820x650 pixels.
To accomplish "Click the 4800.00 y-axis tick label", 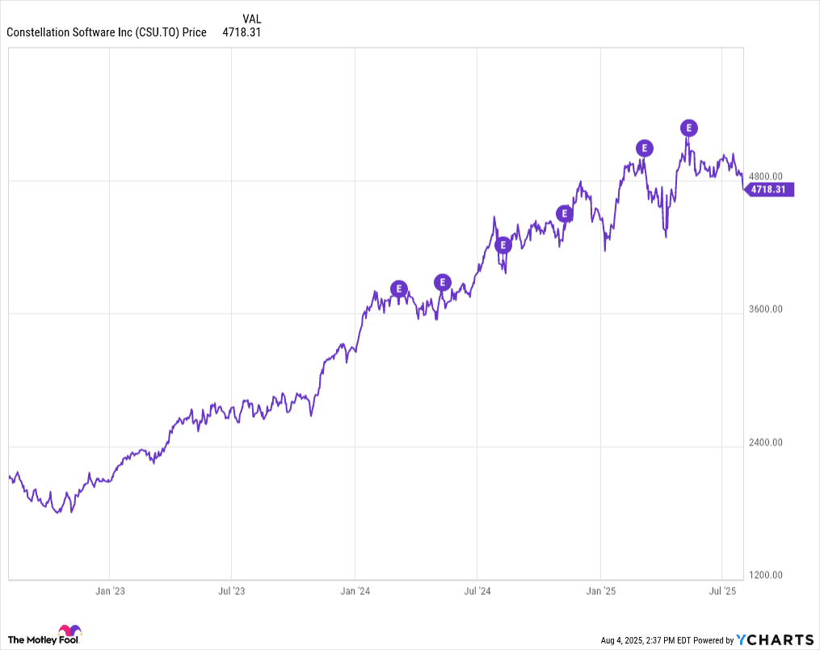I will coord(766,176).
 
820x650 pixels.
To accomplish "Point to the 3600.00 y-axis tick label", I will coord(766,309).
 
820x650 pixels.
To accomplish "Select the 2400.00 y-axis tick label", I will coord(766,442).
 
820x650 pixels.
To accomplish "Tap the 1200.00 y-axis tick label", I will coord(766,575).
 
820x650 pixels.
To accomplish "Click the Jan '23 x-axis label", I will coord(109,592).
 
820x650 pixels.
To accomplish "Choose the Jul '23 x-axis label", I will coord(232,592).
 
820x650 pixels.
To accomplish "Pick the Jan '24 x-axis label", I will coord(355,592).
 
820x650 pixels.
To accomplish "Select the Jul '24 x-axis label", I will coord(477,592).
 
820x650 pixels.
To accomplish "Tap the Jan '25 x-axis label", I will coord(600,592).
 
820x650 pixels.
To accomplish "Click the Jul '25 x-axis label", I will coord(722,592).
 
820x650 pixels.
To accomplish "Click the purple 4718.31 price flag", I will coord(769,190).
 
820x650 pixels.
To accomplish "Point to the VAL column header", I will coord(251,19).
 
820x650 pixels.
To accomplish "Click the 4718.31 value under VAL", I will coord(241,32).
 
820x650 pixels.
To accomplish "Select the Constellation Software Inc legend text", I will coord(106,32).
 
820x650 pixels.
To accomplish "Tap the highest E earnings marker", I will coord(688,128).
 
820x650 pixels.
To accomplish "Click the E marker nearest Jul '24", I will coord(503,245).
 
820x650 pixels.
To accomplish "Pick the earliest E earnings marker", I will coord(399,289).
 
